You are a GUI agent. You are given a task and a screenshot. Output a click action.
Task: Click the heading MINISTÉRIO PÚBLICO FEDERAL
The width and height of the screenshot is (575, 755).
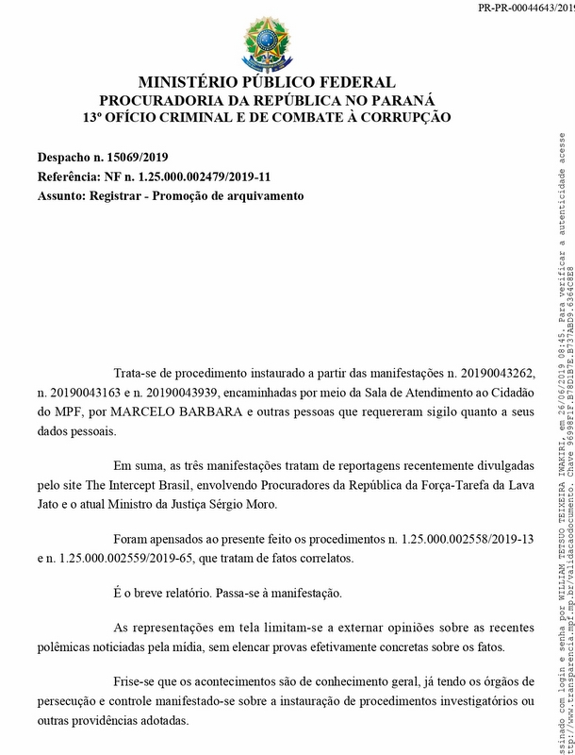pos(267,83)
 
